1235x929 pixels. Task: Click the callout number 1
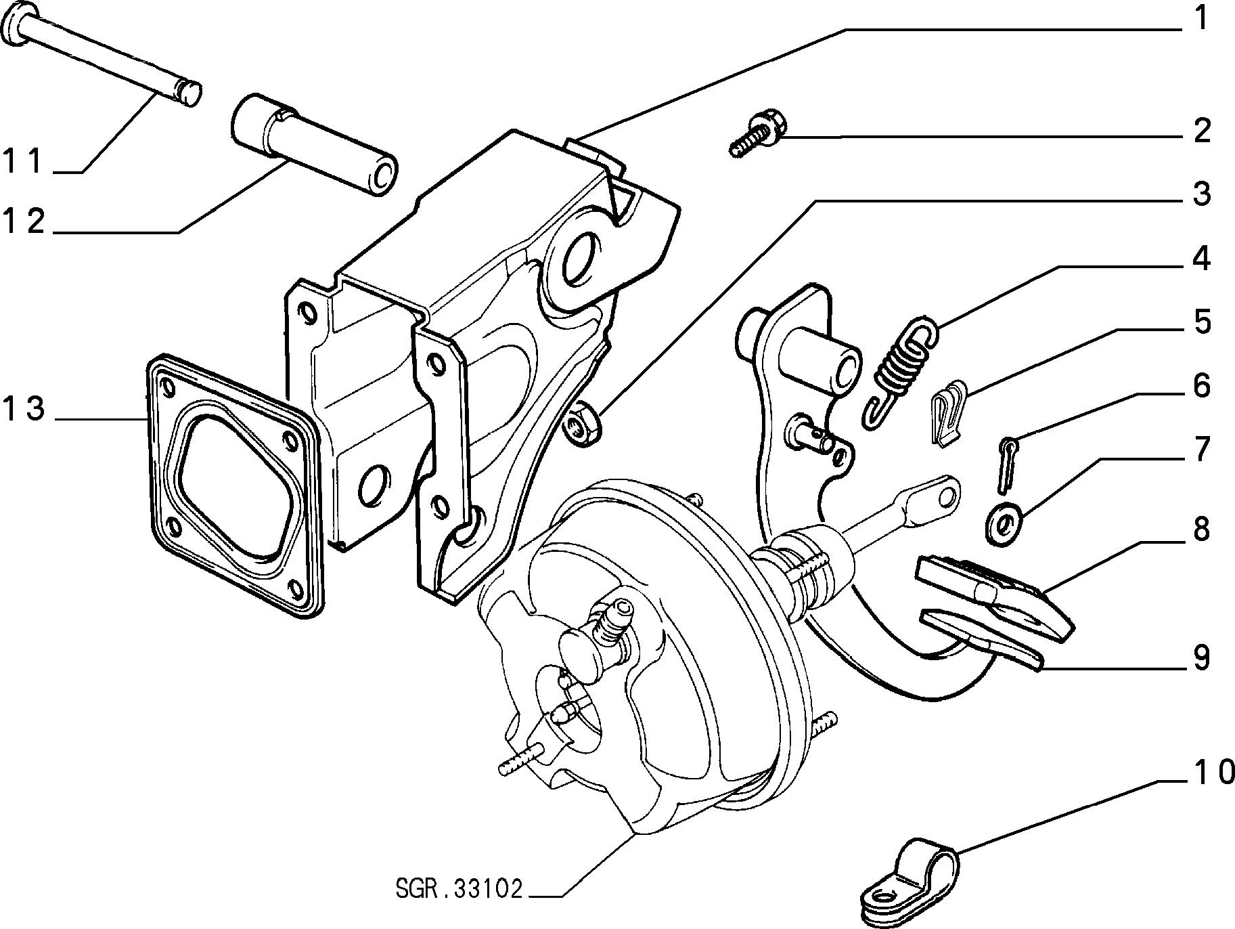click(1200, 19)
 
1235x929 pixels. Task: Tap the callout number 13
click(24, 410)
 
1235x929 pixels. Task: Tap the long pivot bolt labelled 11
click(102, 54)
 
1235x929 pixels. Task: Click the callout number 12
click(24, 221)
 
